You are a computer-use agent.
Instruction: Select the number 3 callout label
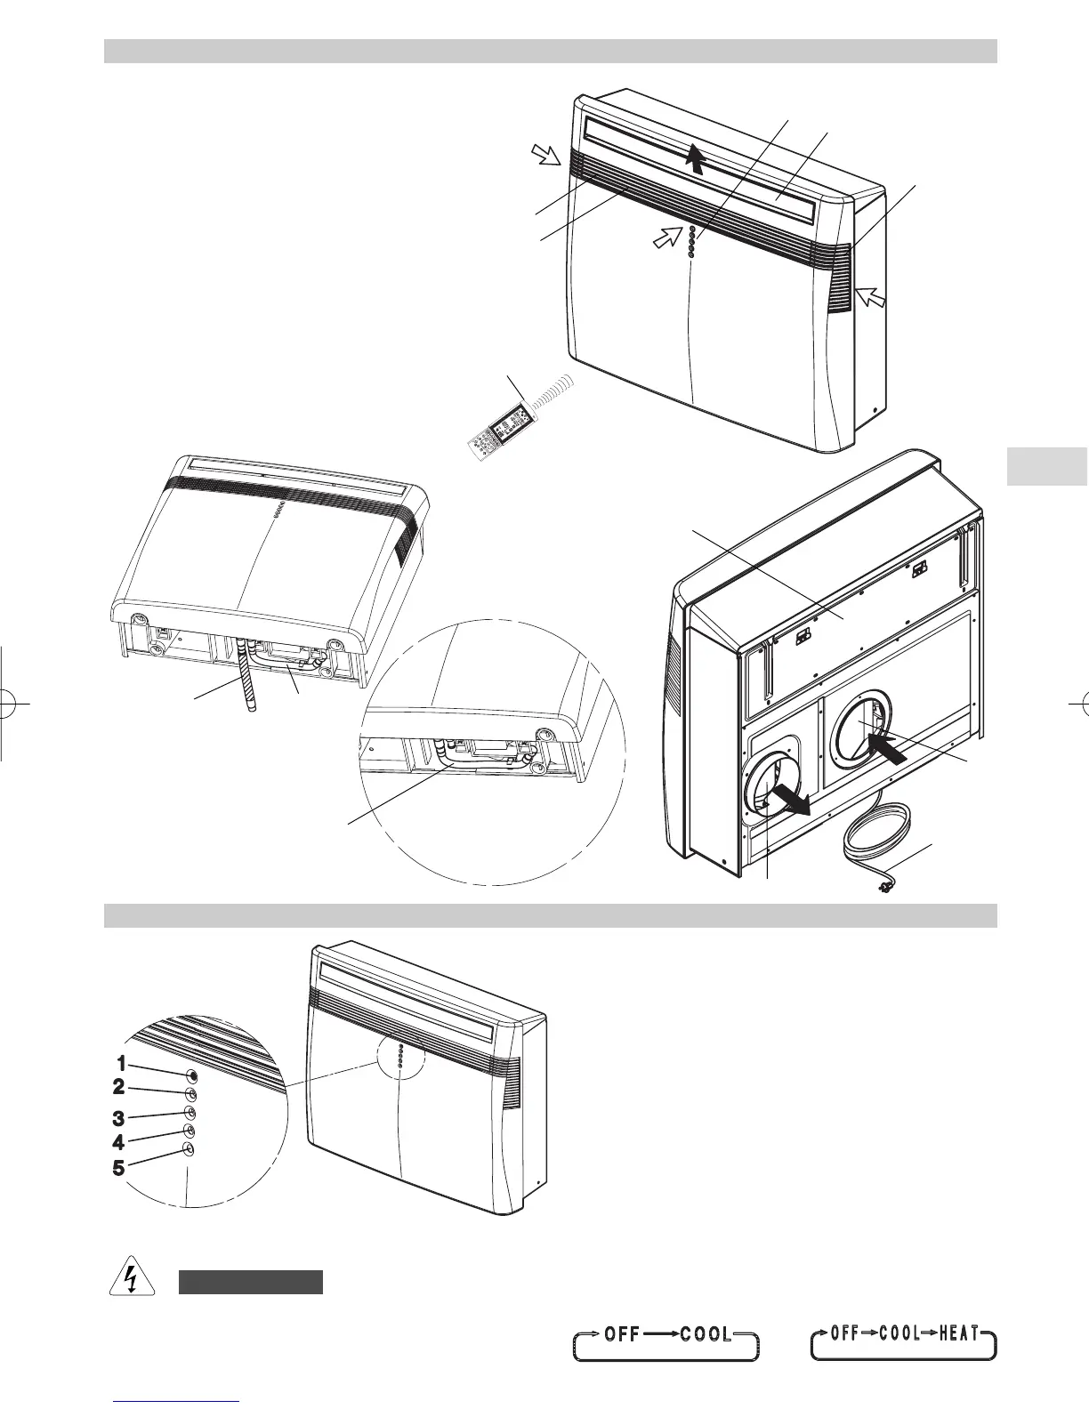click(118, 1118)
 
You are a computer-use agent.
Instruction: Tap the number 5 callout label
click(118, 1168)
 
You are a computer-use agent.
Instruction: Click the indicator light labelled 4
click(190, 1130)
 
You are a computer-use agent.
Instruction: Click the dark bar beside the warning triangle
click(250, 1282)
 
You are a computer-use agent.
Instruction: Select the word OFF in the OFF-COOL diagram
click(622, 1334)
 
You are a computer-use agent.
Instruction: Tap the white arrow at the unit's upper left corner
click(546, 157)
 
